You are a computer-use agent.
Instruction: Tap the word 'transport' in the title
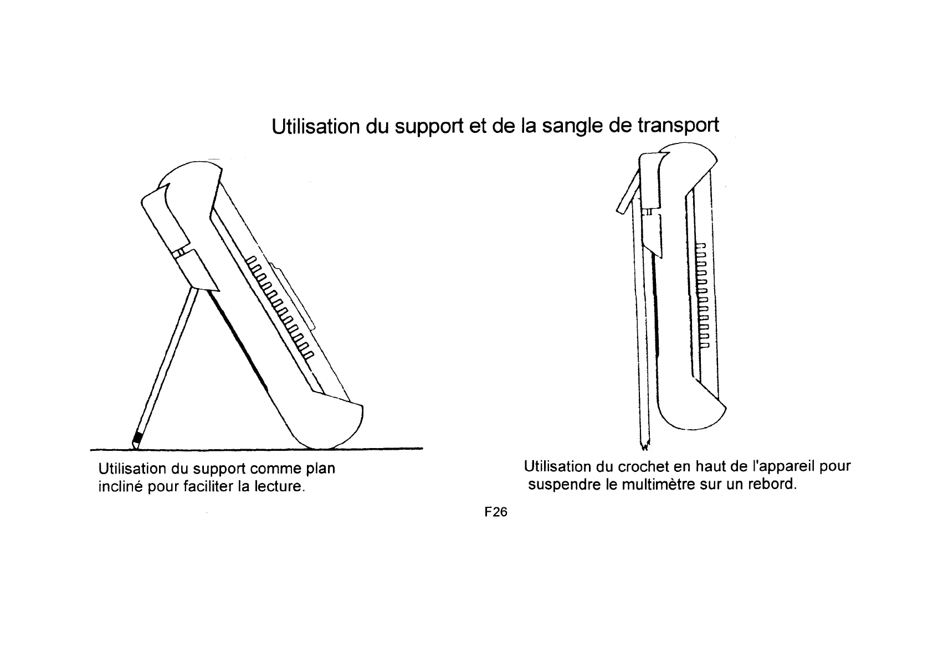tap(679, 126)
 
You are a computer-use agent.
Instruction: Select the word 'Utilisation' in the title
tap(316, 127)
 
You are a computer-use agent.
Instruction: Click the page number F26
tap(495, 512)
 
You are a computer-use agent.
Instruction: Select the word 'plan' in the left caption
tap(320, 469)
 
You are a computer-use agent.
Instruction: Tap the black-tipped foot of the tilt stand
tap(135, 441)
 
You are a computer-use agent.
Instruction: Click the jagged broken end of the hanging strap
tap(645, 445)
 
